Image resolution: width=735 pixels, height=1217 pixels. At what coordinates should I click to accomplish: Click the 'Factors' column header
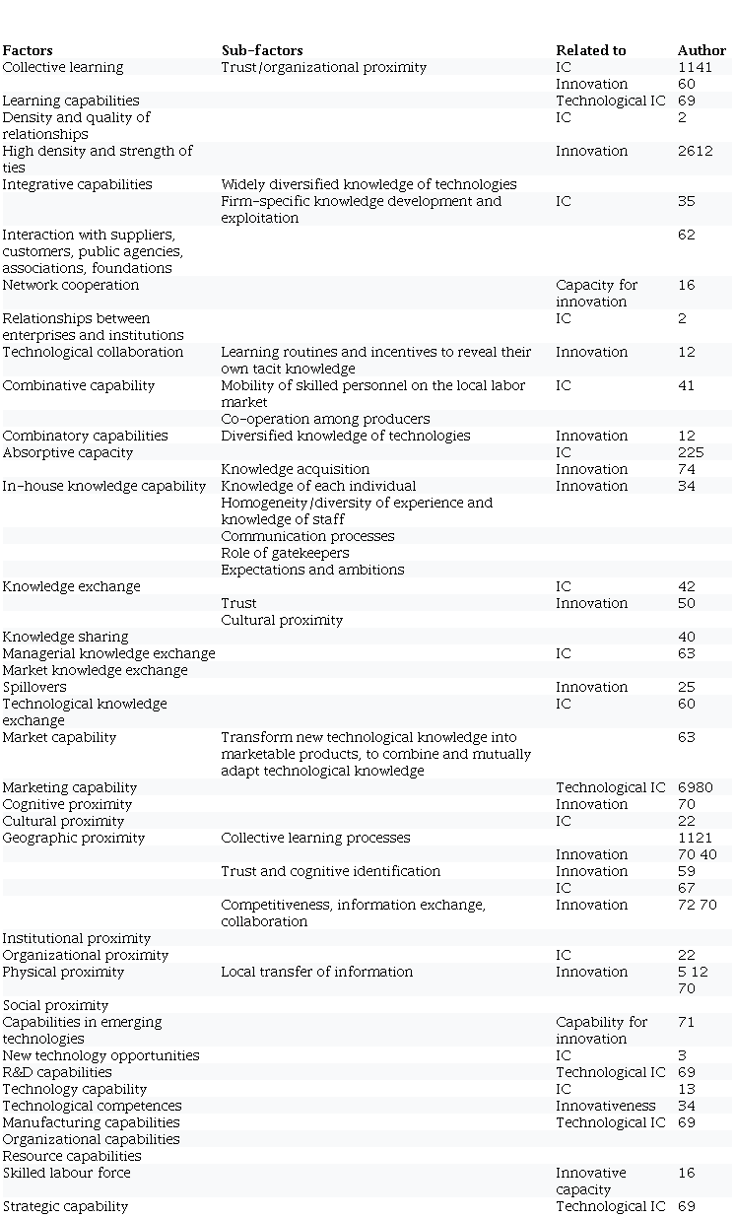pos(28,50)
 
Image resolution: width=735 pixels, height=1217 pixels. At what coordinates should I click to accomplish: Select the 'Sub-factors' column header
pos(262,50)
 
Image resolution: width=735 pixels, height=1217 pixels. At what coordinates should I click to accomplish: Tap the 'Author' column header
pos(702,50)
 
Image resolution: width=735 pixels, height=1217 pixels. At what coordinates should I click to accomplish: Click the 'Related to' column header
pos(590,50)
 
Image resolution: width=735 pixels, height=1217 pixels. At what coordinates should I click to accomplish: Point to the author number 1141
pos(695,67)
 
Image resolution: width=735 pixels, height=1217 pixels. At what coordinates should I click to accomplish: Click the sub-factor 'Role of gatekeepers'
pos(285,553)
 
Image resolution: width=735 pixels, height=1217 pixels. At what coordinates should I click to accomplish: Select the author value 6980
pos(697,787)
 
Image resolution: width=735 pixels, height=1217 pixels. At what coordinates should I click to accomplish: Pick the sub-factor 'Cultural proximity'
pos(282,620)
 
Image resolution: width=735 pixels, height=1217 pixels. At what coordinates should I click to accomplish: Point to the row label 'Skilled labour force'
pos(66,1173)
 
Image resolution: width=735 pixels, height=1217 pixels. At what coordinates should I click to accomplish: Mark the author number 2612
pos(696,151)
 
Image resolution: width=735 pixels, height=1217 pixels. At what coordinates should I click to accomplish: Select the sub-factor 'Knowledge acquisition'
pos(296,469)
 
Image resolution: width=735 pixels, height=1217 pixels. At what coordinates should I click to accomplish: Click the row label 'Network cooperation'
pos(71,285)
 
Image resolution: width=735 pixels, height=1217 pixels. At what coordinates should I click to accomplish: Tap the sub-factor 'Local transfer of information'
pos(317,972)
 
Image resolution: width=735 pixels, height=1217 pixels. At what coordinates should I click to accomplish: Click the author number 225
pos(691,452)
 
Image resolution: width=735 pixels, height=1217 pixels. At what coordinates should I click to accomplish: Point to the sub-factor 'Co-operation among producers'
pos(325,419)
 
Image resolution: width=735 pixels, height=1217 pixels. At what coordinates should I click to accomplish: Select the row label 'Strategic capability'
pos(65,1206)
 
